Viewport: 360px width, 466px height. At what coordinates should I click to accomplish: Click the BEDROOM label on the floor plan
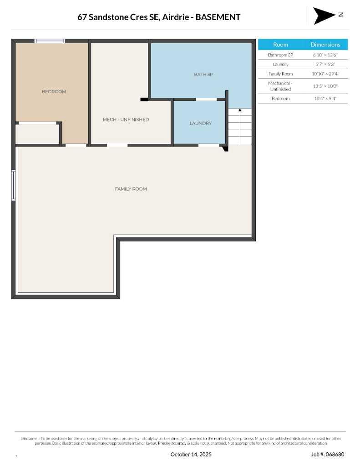[54, 92]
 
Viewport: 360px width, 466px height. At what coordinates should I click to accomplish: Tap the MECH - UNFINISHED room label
[126, 120]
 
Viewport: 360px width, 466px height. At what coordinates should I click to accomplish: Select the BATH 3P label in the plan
[203, 74]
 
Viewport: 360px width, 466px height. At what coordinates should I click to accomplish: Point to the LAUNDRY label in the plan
[200, 123]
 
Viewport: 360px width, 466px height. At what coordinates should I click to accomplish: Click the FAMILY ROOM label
[131, 189]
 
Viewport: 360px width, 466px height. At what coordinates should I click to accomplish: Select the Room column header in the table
[280, 45]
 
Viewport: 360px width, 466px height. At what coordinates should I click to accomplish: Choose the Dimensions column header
[325, 45]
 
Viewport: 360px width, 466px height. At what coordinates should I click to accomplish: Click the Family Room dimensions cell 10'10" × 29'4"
[325, 74]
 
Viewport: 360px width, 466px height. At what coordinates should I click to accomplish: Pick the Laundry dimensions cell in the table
[325, 64]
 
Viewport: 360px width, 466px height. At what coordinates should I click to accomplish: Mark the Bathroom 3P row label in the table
[280, 55]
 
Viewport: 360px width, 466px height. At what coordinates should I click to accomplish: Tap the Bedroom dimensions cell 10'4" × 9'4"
[325, 98]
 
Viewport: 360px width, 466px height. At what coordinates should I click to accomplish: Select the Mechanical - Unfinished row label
[280, 86]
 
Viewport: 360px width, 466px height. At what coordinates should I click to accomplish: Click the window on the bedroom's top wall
[50, 41]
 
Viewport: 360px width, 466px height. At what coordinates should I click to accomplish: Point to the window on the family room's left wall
[14, 185]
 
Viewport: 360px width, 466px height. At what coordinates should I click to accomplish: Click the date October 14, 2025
[191, 454]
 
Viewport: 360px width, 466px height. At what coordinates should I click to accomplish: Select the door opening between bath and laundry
[206, 99]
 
